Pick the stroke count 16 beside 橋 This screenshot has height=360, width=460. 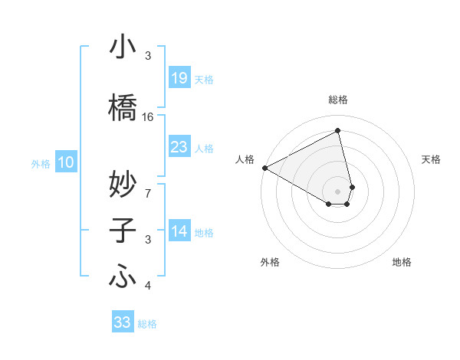[148, 117]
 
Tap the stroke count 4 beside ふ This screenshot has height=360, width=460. [148, 286]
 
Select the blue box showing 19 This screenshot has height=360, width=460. [179, 77]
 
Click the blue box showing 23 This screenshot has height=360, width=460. [179, 146]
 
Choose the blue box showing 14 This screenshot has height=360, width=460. [179, 231]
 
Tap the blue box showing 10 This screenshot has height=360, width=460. [65, 162]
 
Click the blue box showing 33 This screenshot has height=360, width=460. [123, 322]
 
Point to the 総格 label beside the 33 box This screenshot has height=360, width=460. [147, 324]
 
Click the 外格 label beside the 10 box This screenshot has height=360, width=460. [40, 163]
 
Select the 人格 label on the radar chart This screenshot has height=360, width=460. [245, 159]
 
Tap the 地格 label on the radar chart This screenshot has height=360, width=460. [402, 262]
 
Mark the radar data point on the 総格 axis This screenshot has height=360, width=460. [337, 131]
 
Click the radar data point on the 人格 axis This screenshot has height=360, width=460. [264, 168]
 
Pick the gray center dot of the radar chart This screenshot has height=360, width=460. [337, 191]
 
